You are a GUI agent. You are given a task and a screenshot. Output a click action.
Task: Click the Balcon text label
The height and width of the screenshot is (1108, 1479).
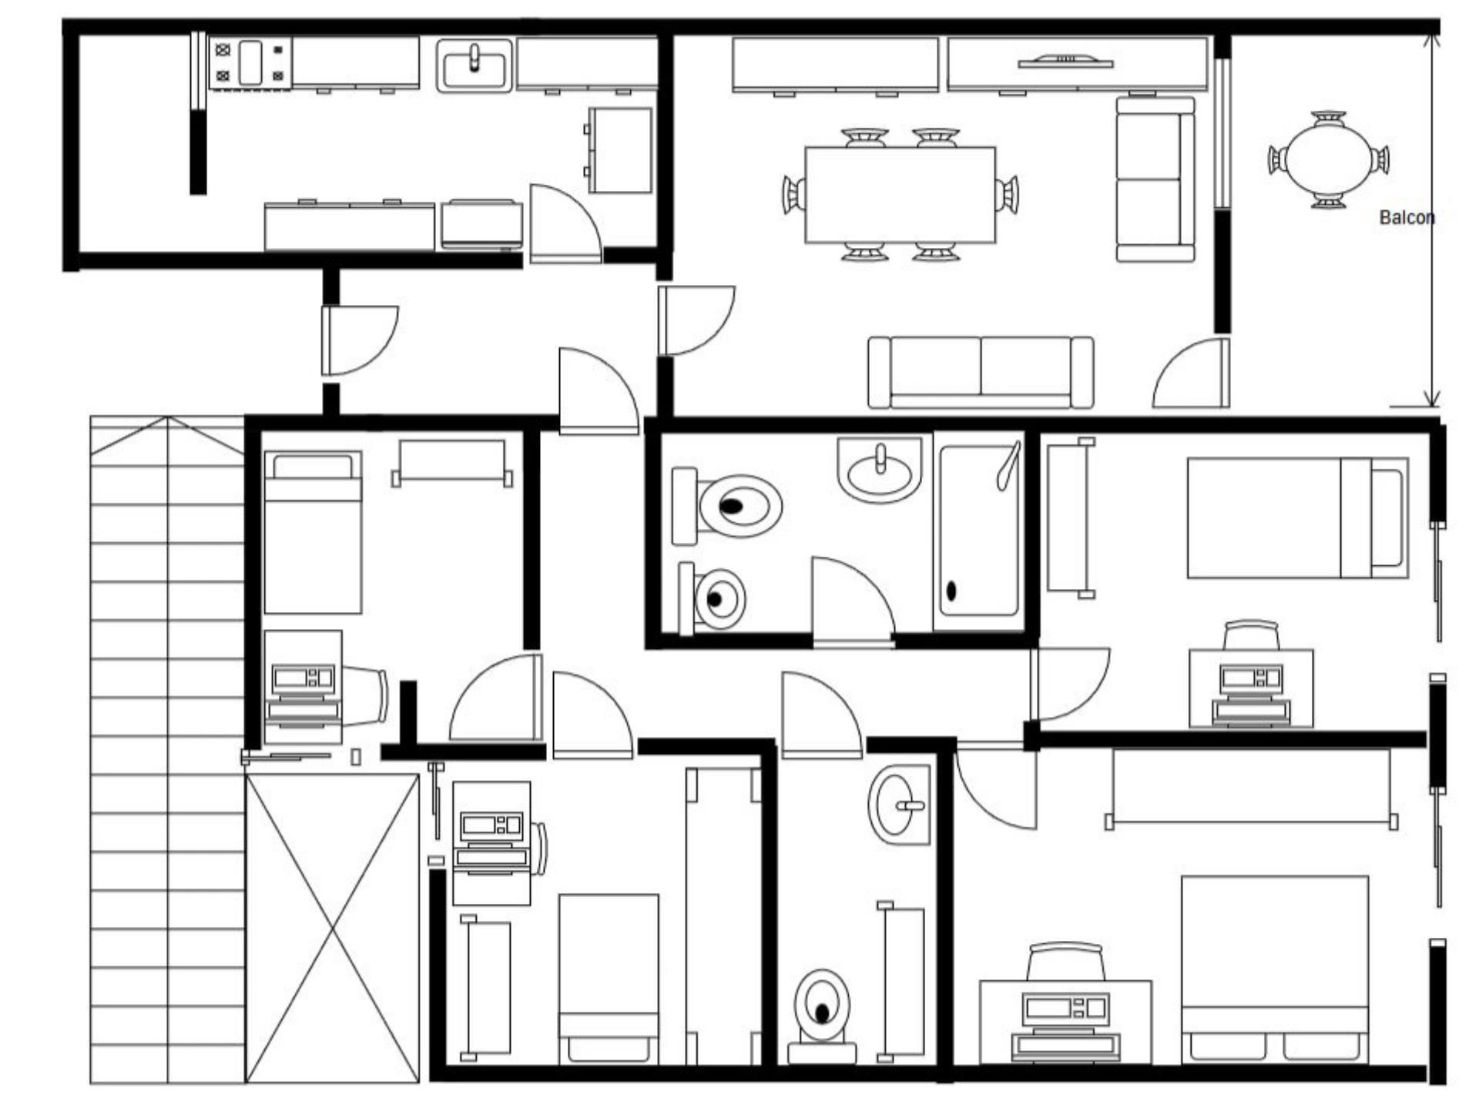1407,217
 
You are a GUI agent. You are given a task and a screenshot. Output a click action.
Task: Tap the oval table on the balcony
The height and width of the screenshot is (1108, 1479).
1330,160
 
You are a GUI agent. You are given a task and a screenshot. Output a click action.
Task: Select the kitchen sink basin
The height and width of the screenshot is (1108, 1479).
475,65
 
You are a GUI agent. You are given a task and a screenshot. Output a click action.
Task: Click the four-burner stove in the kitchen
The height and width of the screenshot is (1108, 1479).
250,63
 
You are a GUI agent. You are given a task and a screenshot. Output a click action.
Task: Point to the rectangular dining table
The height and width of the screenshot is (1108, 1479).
900,195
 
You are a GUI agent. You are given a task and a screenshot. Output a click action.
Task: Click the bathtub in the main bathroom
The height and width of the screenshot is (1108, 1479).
979,531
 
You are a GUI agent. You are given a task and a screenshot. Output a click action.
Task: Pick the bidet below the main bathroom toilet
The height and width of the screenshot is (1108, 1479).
712,598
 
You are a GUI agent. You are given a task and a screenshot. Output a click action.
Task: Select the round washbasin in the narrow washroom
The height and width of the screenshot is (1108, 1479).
899,805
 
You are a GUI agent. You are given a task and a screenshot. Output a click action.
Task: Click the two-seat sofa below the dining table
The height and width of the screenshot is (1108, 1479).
981,373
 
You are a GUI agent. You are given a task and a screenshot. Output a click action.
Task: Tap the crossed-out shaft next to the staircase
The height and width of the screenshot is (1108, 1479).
332,929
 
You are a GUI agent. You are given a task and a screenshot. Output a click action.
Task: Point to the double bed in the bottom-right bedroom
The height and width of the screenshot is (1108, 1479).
1275,970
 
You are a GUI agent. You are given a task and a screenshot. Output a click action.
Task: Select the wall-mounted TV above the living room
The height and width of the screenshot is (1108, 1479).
1065,61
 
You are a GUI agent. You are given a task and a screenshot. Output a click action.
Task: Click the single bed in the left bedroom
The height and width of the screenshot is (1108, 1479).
313,533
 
